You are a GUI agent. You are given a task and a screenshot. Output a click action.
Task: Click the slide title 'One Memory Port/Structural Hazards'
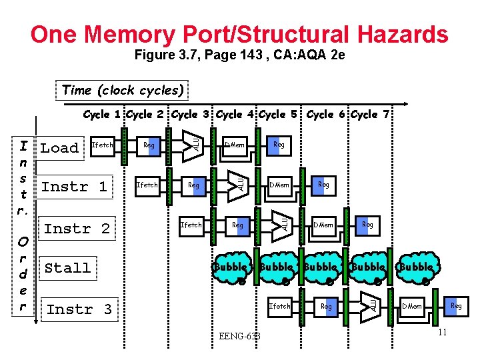tap(239, 34)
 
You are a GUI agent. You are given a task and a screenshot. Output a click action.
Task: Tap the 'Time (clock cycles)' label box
tap(123, 90)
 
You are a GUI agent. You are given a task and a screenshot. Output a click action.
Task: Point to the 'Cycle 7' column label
tap(374, 115)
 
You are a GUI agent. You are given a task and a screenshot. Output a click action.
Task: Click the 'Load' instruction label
tap(59, 148)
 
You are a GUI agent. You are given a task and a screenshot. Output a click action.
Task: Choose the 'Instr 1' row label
tap(74, 187)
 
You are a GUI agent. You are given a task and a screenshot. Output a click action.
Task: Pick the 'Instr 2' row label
tap(77, 229)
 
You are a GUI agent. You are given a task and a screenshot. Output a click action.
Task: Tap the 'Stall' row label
tap(67, 268)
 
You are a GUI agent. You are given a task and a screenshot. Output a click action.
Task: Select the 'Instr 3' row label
tap(79, 309)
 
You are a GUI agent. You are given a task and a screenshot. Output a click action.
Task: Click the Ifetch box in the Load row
tap(102, 145)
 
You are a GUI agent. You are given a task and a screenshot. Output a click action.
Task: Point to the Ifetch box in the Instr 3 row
tap(279, 307)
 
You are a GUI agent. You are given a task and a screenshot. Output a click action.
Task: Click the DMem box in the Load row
tap(235, 145)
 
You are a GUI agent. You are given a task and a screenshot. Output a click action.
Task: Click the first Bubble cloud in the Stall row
tap(231, 267)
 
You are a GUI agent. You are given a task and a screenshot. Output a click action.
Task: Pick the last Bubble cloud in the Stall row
tap(417, 267)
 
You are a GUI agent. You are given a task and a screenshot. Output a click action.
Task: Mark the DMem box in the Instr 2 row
tap(323, 225)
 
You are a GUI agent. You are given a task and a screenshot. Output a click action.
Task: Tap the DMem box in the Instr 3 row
tap(411, 307)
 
